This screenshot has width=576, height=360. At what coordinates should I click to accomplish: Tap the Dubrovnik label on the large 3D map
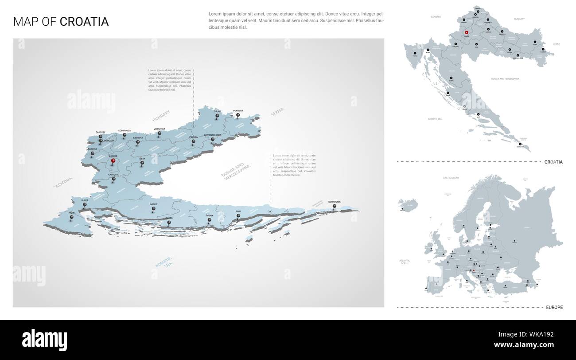click(335, 202)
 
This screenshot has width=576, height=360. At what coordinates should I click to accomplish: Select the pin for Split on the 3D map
click(238, 217)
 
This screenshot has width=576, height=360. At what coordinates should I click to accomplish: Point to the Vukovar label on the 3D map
click(238, 111)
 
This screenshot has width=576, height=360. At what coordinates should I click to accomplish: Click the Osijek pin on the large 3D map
click(217, 117)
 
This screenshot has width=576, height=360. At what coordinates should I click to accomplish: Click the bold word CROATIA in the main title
click(84, 22)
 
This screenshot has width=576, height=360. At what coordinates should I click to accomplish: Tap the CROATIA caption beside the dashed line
click(553, 162)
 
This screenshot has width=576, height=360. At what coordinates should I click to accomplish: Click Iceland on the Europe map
click(408, 204)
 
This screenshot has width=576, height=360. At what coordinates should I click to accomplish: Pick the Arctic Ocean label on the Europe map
click(451, 177)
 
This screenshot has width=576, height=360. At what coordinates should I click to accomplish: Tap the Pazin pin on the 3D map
click(71, 218)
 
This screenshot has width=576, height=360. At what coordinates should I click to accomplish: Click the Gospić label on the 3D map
click(153, 204)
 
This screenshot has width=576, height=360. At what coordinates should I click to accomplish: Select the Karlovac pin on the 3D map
click(113, 180)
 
